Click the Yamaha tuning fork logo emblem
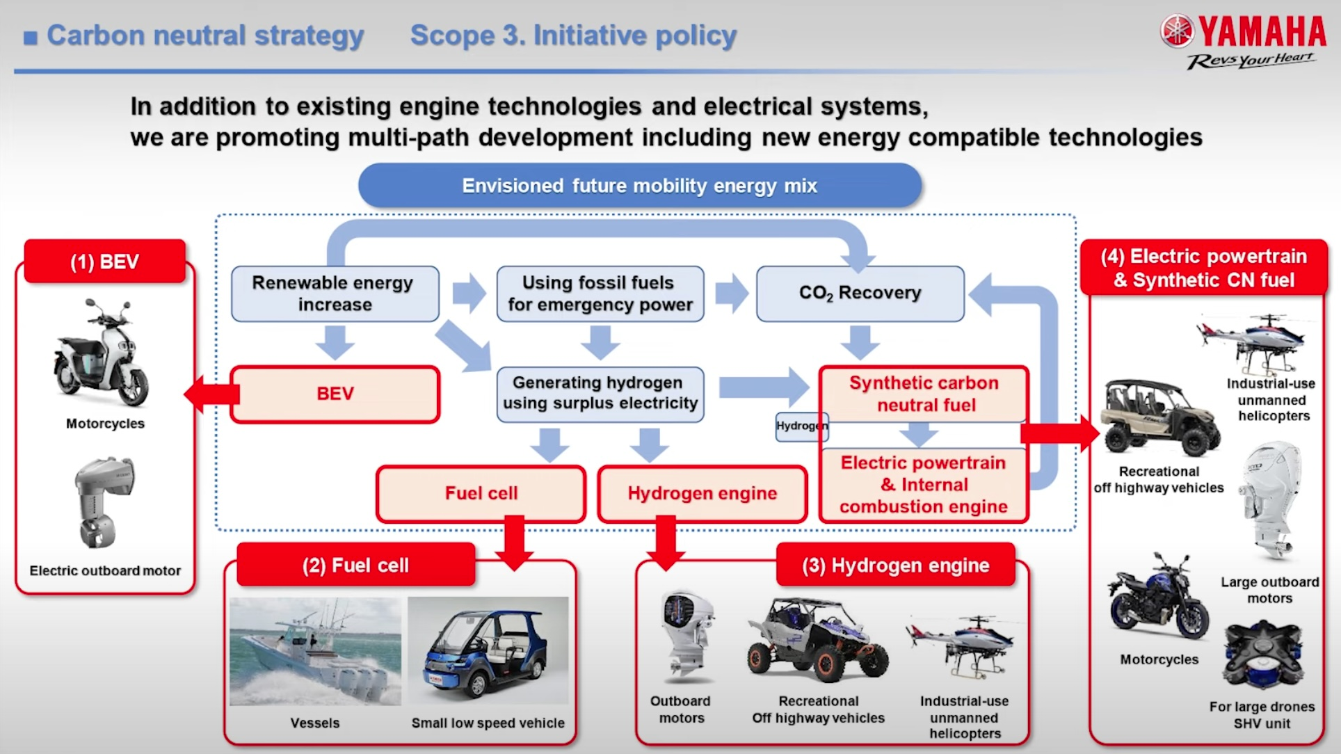click(1176, 31)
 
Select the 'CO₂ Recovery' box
click(860, 294)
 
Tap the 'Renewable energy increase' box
click(335, 294)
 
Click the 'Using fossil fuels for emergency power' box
click(600, 294)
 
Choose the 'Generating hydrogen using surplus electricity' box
click(600, 394)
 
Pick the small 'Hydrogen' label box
click(801, 426)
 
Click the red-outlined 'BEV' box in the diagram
click(335, 394)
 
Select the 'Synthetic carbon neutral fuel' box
click(923, 394)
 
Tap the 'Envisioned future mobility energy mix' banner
click(639, 186)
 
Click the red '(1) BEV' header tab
click(104, 262)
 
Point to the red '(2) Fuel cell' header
click(355, 565)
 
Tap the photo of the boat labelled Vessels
click(315, 651)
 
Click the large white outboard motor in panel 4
click(1270, 501)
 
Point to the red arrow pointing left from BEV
click(209, 394)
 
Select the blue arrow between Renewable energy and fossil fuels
click(468, 293)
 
